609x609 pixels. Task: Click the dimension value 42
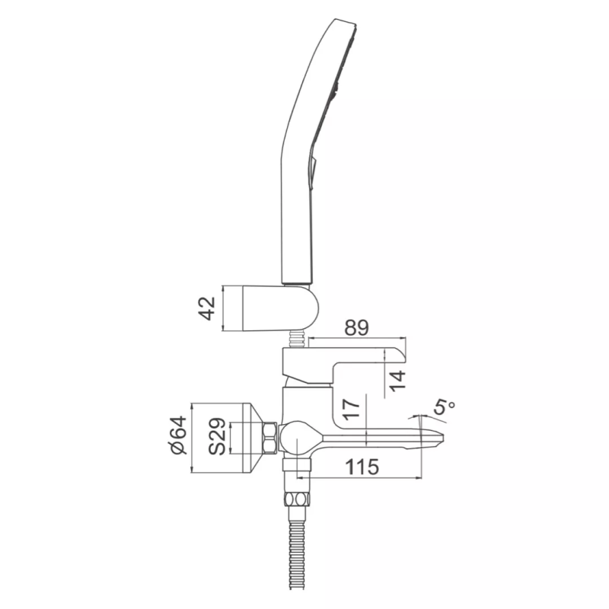pos(207,308)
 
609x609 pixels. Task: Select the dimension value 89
pos(356,328)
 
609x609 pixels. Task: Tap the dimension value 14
pos(397,381)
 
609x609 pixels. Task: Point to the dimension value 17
pos(352,408)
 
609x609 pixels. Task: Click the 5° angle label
pos(443,407)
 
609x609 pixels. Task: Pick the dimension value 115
pos(362,467)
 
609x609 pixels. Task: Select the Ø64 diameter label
pos(178,435)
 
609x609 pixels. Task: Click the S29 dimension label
pos(217,436)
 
